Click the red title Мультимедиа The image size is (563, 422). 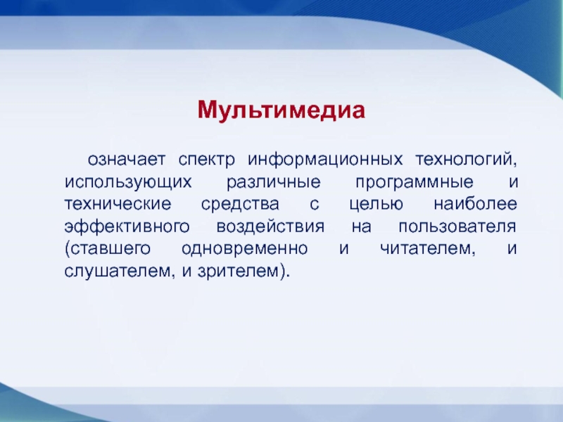(x=281, y=110)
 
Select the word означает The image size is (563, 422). (x=127, y=159)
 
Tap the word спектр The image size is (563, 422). (x=206, y=160)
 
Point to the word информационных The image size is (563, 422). (x=325, y=160)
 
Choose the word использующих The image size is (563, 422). (x=128, y=183)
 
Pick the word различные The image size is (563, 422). (x=274, y=182)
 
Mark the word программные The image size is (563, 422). (x=415, y=183)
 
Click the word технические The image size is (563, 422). (x=118, y=204)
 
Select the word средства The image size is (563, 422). (x=240, y=205)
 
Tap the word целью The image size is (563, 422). (x=377, y=205)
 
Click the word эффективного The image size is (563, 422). (x=127, y=226)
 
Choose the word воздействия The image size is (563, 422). (x=270, y=226)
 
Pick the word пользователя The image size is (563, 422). (x=457, y=226)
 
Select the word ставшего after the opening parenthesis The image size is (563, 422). (x=110, y=249)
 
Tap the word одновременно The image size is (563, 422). (x=244, y=249)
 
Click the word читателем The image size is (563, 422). (x=425, y=249)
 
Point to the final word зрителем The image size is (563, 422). (x=238, y=271)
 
